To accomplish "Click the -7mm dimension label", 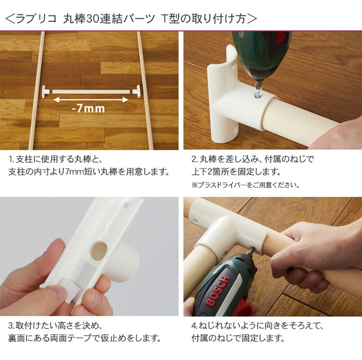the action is pyautogui.click(x=89, y=109).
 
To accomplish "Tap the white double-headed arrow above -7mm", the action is pyautogui.click(x=91, y=100).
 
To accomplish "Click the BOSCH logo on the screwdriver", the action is pyautogui.click(x=218, y=291).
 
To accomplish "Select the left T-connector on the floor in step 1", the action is pyautogui.click(x=46, y=92).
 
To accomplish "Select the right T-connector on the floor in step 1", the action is pyautogui.click(x=137, y=91).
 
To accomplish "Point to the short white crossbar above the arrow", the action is pyautogui.click(x=91, y=92).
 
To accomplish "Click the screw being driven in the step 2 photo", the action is pyautogui.click(x=257, y=91).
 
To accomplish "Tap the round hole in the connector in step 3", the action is pyautogui.click(x=99, y=251).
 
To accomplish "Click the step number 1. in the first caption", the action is pyautogui.click(x=12, y=159).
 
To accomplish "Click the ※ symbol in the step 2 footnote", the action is pyautogui.click(x=195, y=185).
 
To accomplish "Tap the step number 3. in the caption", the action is pyautogui.click(x=12, y=326).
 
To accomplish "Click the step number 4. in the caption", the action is pyautogui.click(x=195, y=326).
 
